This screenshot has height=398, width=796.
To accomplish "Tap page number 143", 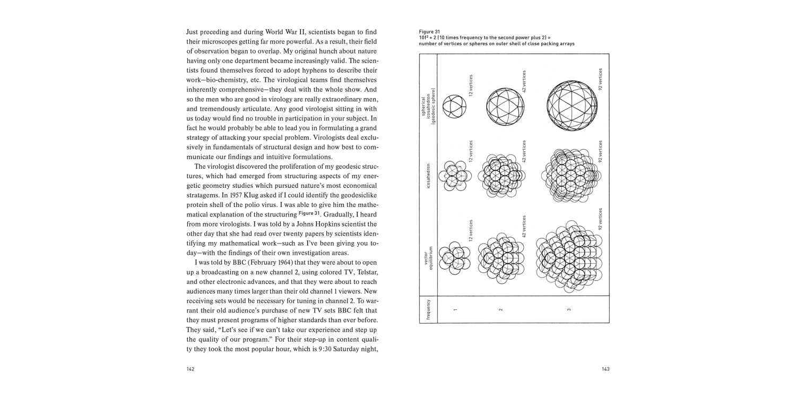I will click(x=605, y=369).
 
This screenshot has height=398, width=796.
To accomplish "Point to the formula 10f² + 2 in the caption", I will click(x=430, y=38).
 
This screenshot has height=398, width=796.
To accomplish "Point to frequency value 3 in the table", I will click(x=569, y=309).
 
